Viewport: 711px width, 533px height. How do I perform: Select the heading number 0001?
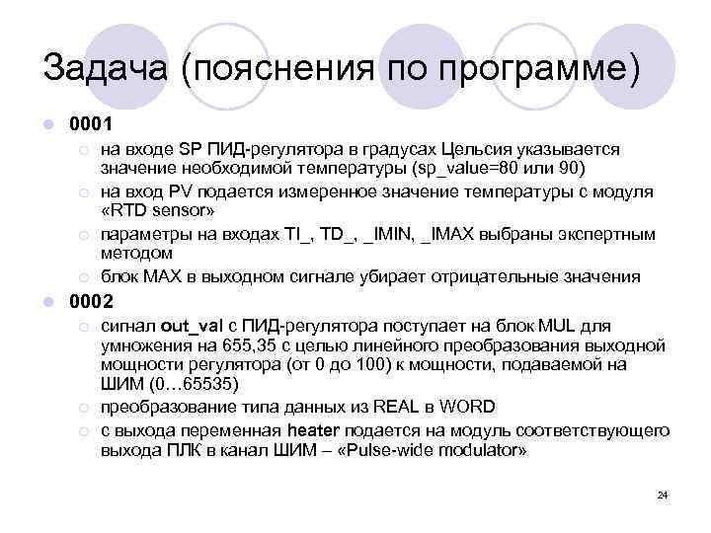click(92, 125)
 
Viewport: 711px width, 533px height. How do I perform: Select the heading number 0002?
click(92, 301)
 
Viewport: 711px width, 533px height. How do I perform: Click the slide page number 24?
click(663, 495)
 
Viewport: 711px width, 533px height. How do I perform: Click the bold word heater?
click(315, 430)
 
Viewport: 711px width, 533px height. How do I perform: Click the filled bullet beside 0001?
click(48, 125)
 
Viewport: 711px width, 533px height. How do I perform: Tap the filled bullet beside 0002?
click(48, 301)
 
